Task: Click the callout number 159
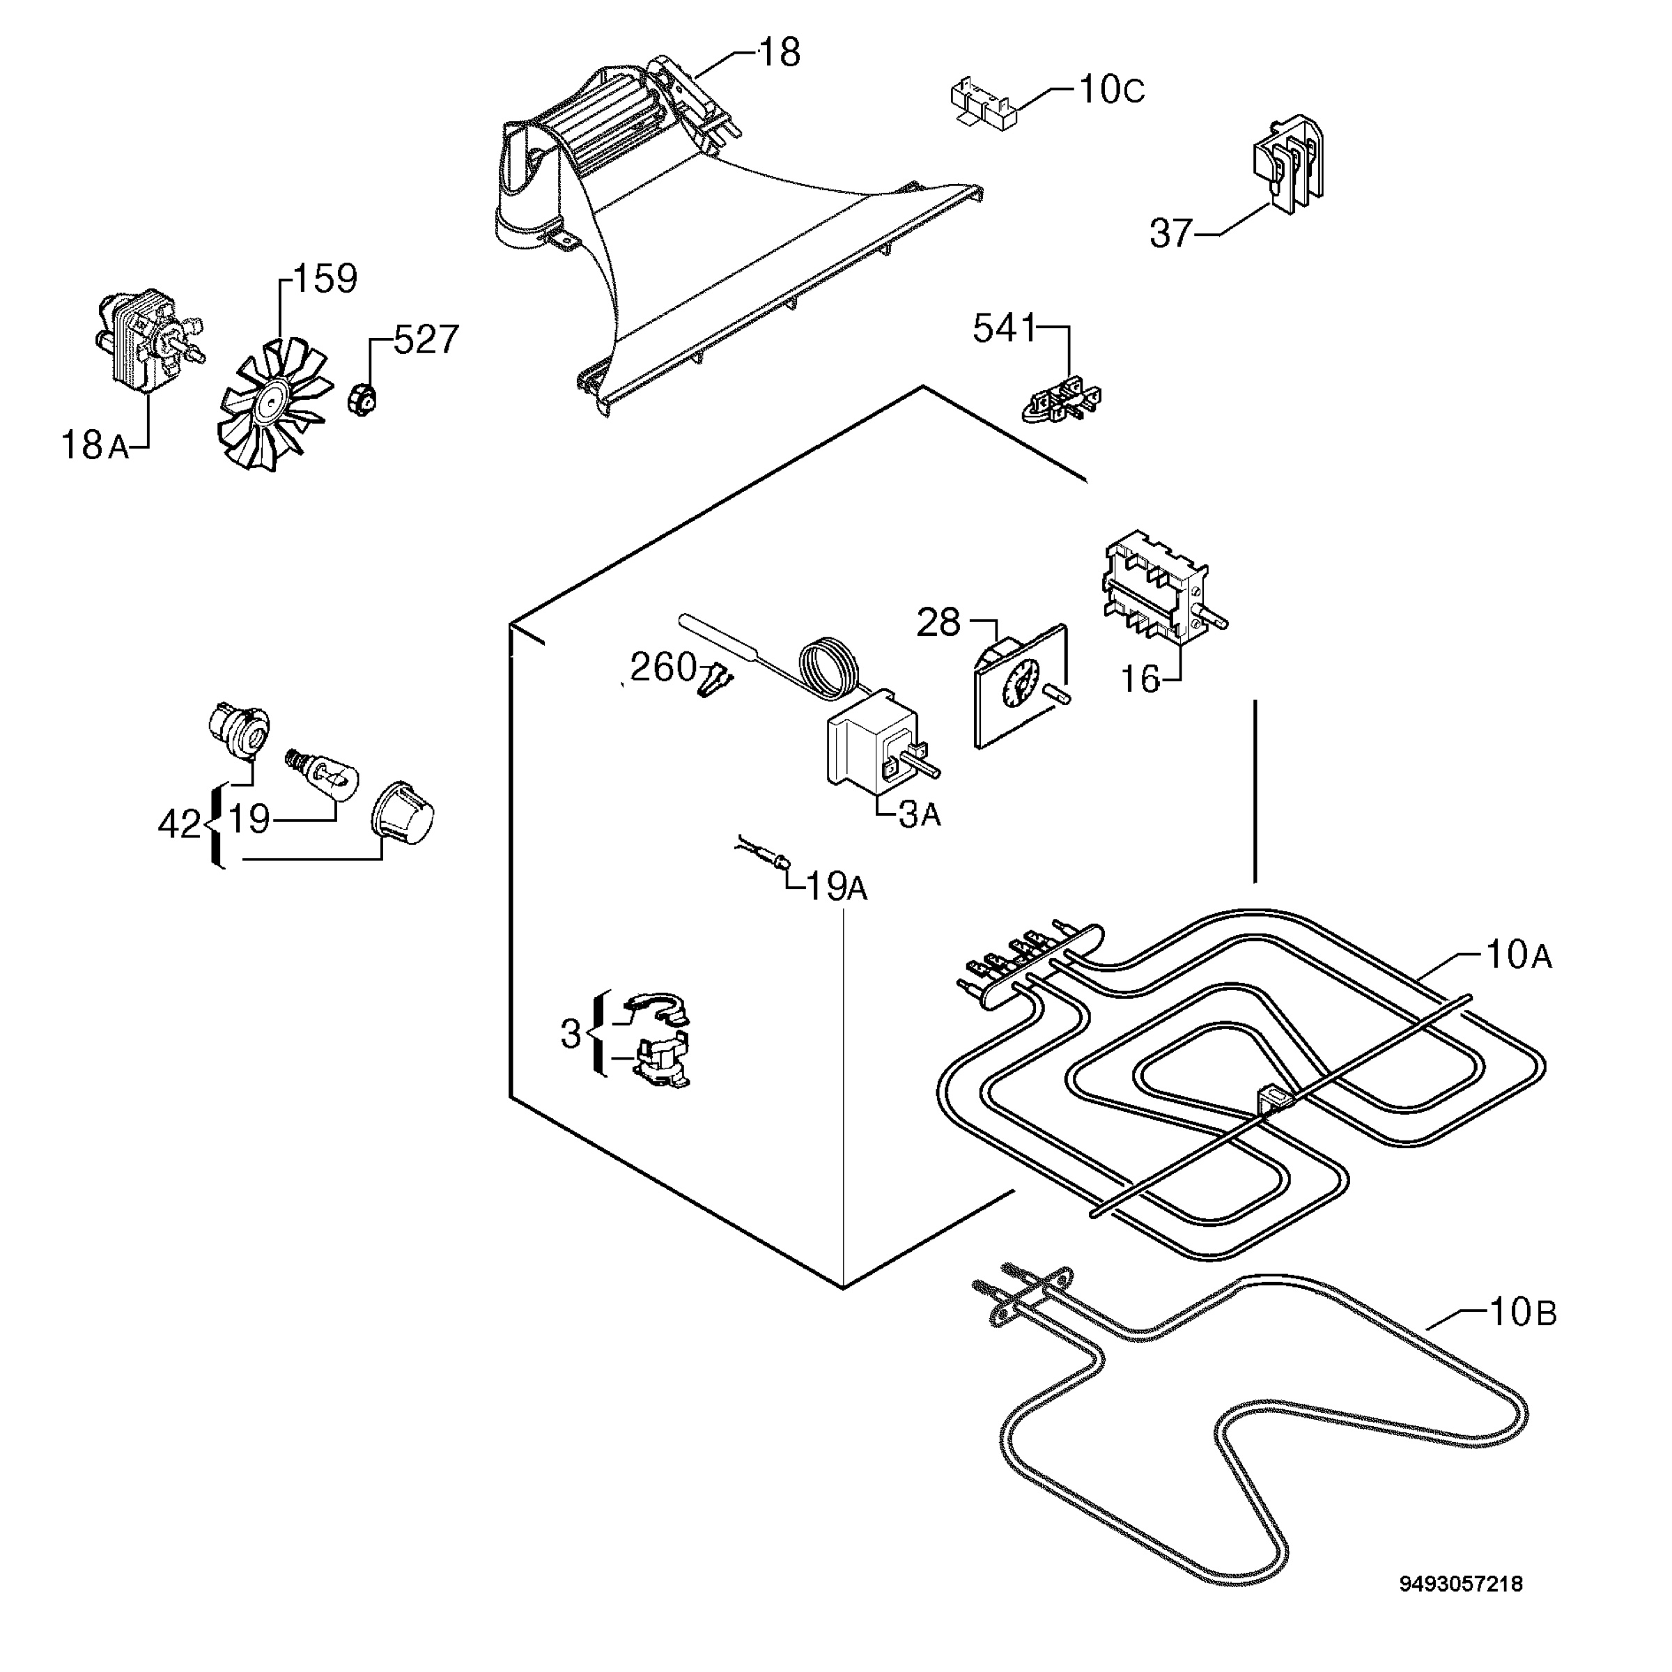[x=325, y=279]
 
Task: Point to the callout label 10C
[x=1112, y=90]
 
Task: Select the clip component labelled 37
[x=1287, y=164]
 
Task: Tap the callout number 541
[x=1004, y=328]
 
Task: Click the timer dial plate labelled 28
[x=1022, y=686]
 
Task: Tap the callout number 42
[x=180, y=825]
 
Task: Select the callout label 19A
[x=836, y=886]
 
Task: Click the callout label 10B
[x=1522, y=1313]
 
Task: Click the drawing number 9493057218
[x=1462, y=1608]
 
